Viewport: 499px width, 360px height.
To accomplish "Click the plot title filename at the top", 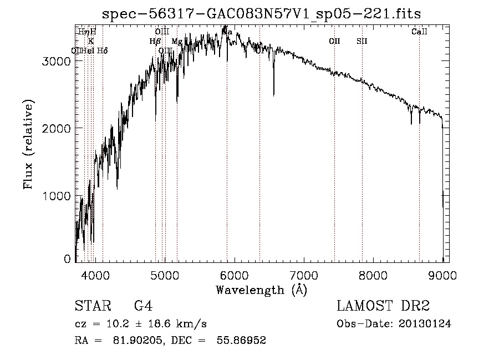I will (262, 14).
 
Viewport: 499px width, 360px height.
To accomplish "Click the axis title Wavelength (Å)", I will (261, 290).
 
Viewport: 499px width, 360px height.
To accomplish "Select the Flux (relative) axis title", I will (28, 144).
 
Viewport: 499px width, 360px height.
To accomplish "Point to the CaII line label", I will (419, 32).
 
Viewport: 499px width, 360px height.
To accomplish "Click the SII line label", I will (362, 41).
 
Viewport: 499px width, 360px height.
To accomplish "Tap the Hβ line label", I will (155, 41).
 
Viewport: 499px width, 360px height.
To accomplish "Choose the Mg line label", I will (177, 41).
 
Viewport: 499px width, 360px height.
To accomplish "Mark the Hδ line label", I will (102, 50).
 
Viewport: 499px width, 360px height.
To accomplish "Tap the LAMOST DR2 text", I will (383, 306).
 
